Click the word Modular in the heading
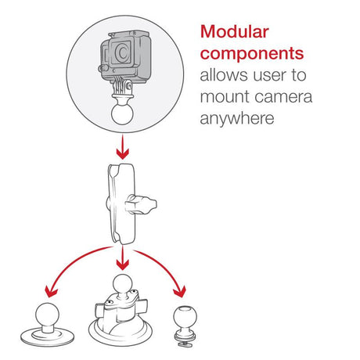pyautogui.click(x=234, y=32)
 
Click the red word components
pyautogui.click(x=252, y=54)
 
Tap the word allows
pyautogui.click(x=224, y=75)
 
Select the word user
pyautogui.click(x=270, y=76)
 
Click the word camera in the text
pyautogui.click(x=283, y=98)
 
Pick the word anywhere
pyautogui.click(x=237, y=119)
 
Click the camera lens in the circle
pyautogui.click(x=122, y=52)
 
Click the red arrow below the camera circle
pyautogui.click(x=122, y=147)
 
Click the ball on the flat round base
pyautogui.click(x=47, y=315)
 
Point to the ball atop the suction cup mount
pyautogui.click(x=122, y=284)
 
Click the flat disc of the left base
pyautogui.click(x=47, y=338)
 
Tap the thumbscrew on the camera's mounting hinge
pyautogui.click(x=128, y=85)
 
